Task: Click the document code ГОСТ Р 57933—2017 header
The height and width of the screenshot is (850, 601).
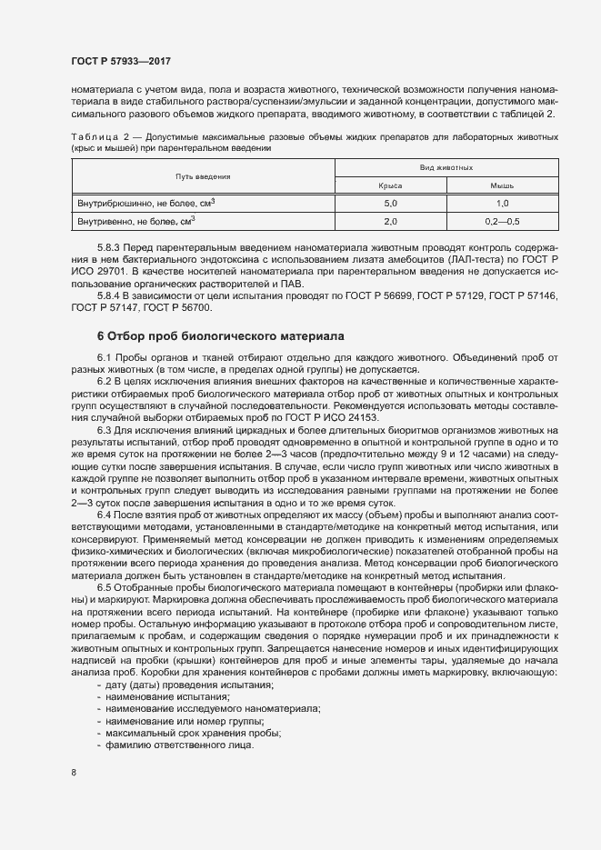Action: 121,61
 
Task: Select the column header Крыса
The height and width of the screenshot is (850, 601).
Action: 391,185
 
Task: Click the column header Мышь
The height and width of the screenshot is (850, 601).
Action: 503,185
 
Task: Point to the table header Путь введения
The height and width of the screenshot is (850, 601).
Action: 203,176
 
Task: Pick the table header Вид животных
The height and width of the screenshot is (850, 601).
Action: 446,168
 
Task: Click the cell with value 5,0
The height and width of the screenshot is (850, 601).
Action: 391,203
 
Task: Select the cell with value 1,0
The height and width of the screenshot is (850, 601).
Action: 503,203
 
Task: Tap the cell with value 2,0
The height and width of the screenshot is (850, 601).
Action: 391,221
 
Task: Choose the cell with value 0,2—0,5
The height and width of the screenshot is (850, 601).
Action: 503,221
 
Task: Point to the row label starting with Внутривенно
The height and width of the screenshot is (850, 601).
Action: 137,221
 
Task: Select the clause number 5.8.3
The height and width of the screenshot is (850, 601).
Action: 107,248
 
